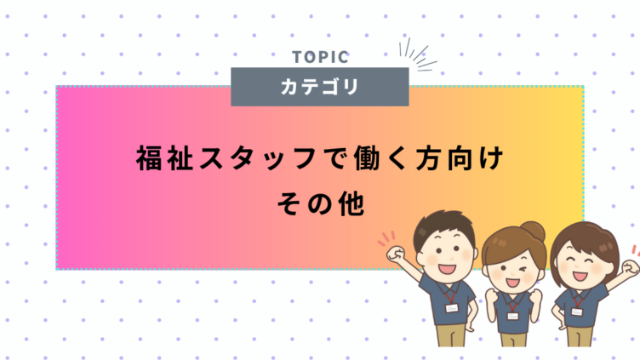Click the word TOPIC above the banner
[320, 57]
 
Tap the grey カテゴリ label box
[320, 87]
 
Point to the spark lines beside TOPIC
[417, 54]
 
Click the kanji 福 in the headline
[149, 158]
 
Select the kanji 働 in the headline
[368, 158]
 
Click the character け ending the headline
[491, 158]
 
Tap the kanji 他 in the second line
[351, 203]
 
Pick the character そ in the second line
[290, 203]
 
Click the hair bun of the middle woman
[533, 231]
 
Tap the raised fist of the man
[396, 254]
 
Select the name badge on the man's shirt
[451, 308]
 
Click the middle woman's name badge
[512, 316]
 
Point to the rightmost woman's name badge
[576, 311]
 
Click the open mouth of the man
[447, 269]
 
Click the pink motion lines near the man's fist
[386, 238]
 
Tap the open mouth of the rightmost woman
[580, 276]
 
